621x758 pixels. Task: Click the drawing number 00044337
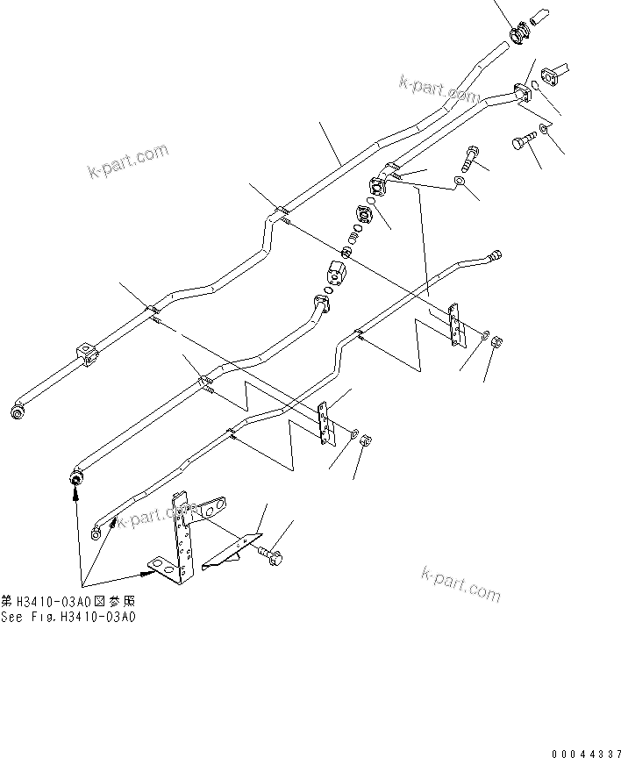[586, 753]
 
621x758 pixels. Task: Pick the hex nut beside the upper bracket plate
[494, 340]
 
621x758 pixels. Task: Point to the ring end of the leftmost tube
[18, 411]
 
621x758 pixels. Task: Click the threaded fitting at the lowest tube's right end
[496, 255]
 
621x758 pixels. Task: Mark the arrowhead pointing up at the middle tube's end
[76, 494]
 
